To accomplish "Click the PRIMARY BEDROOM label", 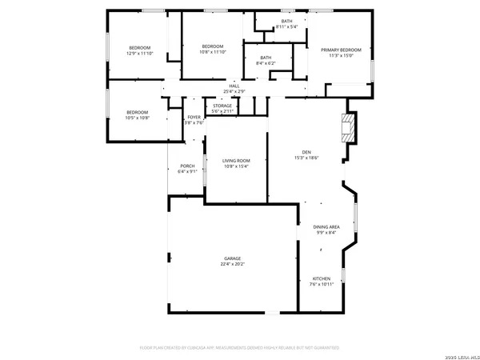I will (x=345, y=50).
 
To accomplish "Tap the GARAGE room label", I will (x=233, y=258).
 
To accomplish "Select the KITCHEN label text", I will (x=321, y=278).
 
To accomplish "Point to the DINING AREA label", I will (x=326, y=227).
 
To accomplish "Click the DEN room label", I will (x=306, y=152).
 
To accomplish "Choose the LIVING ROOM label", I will (x=236, y=161).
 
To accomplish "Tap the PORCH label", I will (x=187, y=166).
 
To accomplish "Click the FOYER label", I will (x=194, y=118).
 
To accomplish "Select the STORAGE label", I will (x=222, y=106).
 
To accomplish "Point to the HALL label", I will (x=234, y=86).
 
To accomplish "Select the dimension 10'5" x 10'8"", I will (x=138, y=118).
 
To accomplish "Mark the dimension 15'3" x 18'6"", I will (x=306, y=158).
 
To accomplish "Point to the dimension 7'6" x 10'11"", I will (x=321, y=284).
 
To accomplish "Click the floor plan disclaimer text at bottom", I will (x=240, y=348).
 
